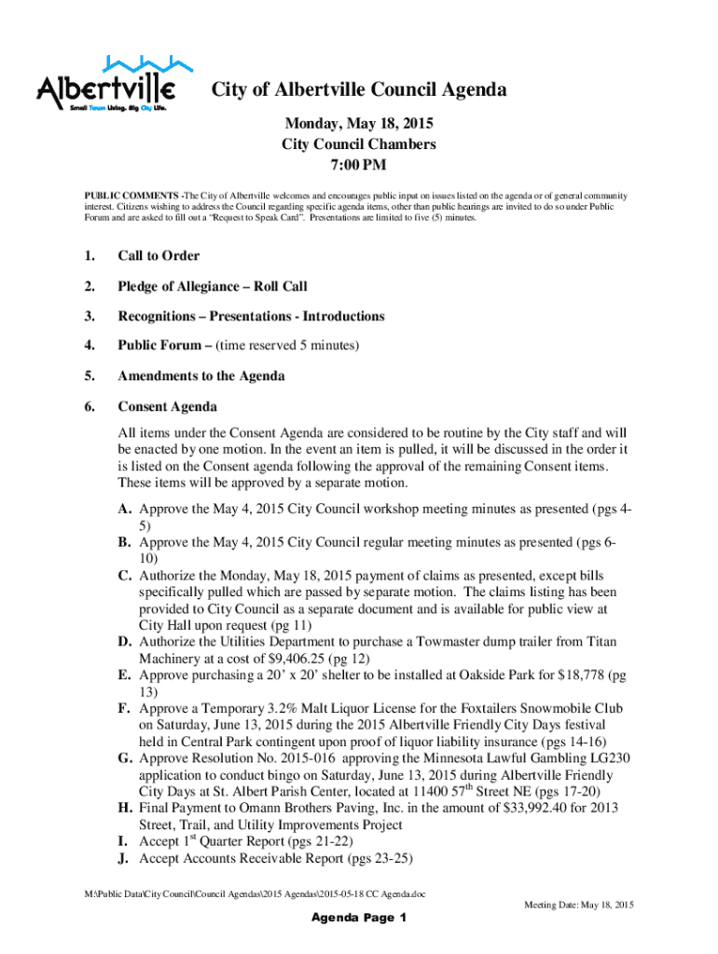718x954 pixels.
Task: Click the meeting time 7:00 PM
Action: (x=359, y=166)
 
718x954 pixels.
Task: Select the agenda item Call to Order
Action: (x=159, y=255)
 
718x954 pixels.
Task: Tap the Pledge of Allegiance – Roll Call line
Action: (x=212, y=286)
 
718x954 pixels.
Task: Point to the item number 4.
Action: (x=90, y=347)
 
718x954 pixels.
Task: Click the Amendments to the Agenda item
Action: (x=201, y=376)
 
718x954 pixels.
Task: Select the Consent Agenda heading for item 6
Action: (x=167, y=407)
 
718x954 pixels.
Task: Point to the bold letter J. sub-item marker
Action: (x=123, y=858)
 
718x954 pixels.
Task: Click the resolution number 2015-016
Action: (x=283, y=758)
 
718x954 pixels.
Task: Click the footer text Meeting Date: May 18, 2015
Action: (x=578, y=905)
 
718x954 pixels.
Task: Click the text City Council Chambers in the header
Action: (x=359, y=144)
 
